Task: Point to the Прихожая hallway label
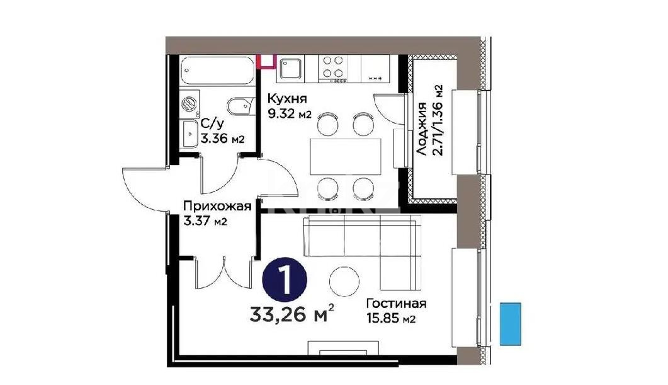(x=217, y=206)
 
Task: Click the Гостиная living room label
(x=397, y=304)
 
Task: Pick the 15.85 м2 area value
(x=390, y=319)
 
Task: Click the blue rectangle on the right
(x=511, y=323)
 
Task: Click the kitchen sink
(x=292, y=69)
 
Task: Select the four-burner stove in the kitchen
(x=332, y=68)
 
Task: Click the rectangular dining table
(x=346, y=156)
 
